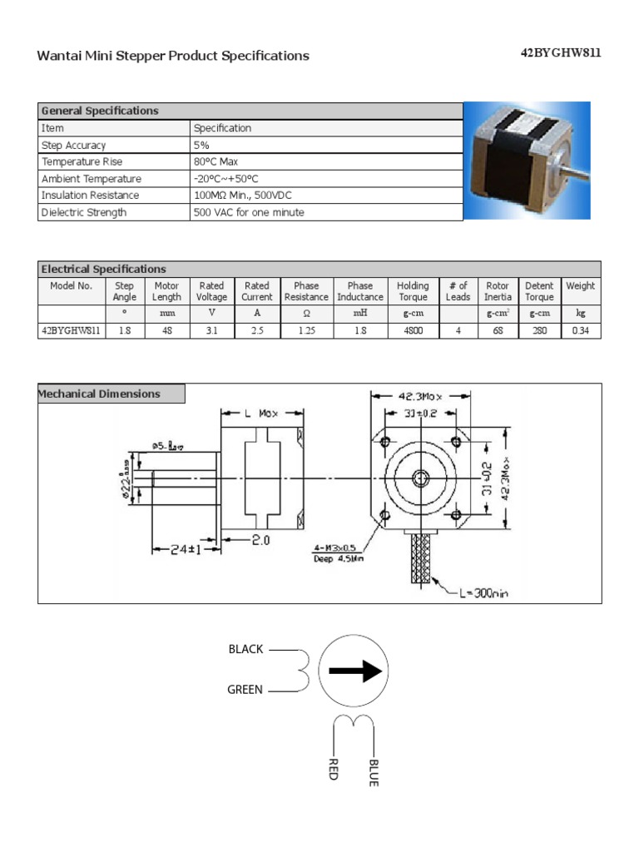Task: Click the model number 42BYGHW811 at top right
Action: [560, 53]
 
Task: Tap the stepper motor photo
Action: [526, 161]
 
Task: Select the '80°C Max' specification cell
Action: [215, 161]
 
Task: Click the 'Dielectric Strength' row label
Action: [84, 212]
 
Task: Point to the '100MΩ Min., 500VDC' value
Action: [243, 196]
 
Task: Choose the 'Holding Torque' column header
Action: [413, 291]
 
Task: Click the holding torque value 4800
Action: [413, 330]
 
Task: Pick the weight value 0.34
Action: [580, 330]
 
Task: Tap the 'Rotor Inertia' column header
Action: [498, 291]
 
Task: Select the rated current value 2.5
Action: [256, 330]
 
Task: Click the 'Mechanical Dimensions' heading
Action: [101, 394]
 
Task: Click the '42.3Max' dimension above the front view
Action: [419, 398]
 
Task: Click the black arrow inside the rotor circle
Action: [354, 671]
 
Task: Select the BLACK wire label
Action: [245, 649]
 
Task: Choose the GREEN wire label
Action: [245, 690]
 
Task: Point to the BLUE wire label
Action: [374, 772]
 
